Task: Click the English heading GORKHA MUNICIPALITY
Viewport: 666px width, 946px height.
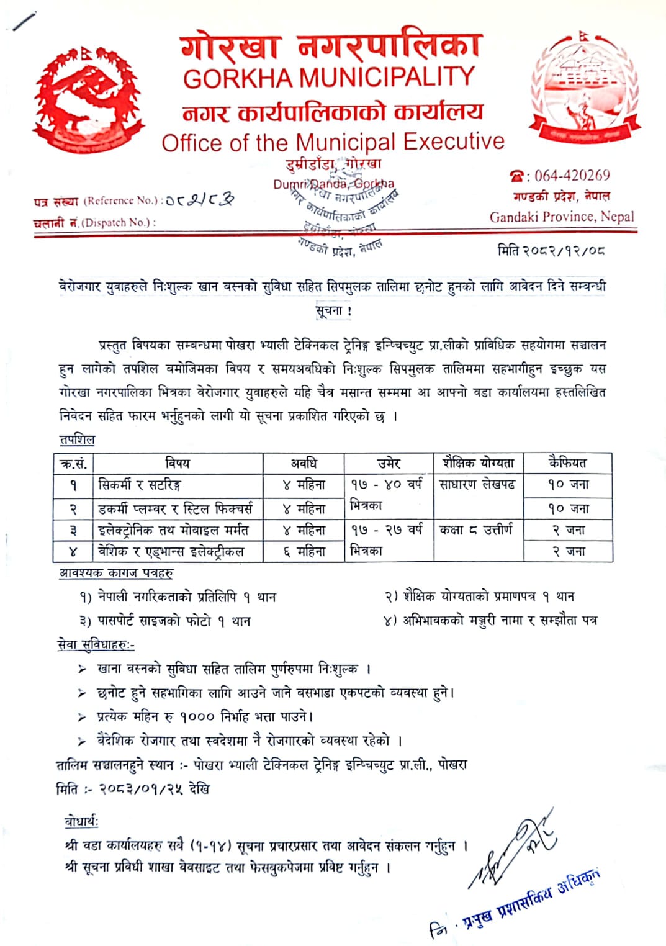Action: point(329,78)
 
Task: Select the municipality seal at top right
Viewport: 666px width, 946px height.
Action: point(584,87)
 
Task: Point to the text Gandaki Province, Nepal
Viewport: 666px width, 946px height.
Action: point(562,217)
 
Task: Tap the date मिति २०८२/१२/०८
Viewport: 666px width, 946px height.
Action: point(551,250)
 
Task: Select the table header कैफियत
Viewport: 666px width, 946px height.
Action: point(567,462)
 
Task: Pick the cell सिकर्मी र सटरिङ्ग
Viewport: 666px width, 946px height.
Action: point(140,485)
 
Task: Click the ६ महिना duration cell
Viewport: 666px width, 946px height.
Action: point(304,551)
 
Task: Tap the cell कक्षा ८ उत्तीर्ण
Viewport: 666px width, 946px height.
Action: point(476,530)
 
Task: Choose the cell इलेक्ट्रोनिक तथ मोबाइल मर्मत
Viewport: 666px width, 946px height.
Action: point(173,530)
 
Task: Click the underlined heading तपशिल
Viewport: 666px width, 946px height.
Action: point(77,440)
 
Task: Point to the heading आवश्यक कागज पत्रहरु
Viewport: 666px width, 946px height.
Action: point(116,573)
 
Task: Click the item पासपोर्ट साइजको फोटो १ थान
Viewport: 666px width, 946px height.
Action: point(164,621)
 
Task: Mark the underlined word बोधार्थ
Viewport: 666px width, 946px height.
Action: point(81,822)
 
